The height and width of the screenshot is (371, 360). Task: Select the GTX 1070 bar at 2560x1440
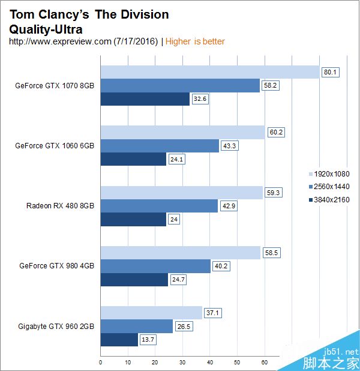(x=180, y=86)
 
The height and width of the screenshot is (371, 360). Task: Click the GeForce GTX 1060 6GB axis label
(x=55, y=145)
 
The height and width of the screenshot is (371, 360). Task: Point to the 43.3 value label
(x=230, y=146)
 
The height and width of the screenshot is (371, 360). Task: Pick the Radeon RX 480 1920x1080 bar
(x=181, y=193)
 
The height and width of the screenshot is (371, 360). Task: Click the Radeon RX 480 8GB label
(x=60, y=206)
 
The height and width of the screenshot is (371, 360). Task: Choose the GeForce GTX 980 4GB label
(x=56, y=265)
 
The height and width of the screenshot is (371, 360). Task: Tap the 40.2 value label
(x=222, y=266)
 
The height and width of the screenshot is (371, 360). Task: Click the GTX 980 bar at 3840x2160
(x=134, y=279)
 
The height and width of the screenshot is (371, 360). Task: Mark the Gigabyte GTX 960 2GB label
(x=56, y=326)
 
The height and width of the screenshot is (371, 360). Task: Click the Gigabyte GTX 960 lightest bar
(x=151, y=313)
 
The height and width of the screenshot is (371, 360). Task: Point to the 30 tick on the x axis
(x=182, y=362)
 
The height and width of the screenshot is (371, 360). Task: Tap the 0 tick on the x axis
(x=100, y=362)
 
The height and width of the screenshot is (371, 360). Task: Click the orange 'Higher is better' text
(x=195, y=41)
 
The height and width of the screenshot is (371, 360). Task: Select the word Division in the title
(x=143, y=14)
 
